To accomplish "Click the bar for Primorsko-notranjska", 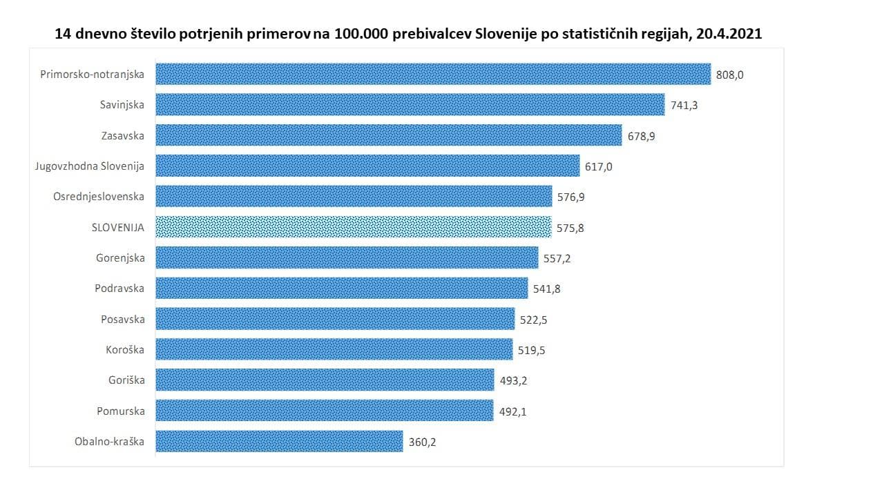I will tap(433, 74).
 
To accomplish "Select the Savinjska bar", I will tap(410, 104).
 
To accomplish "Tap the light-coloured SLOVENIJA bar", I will tap(354, 227).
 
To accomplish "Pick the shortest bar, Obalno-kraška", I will tap(279, 441).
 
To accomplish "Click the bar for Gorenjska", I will tap(347, 258).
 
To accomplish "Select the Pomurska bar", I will tap(325, 411).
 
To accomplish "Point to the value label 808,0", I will tap(730, 75).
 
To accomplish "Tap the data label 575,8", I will tap(570, 228).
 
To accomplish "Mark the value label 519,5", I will tap(532, 351).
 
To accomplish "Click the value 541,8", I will tap(547, 289).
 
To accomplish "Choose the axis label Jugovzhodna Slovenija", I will tap(90, 166).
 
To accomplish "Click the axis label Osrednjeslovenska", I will tap(99, 197).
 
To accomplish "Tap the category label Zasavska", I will tap(122, 135).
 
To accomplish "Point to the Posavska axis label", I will tap(122, 319).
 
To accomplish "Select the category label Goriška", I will tap(126, 380).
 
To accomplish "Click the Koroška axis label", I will tap(126, 350).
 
